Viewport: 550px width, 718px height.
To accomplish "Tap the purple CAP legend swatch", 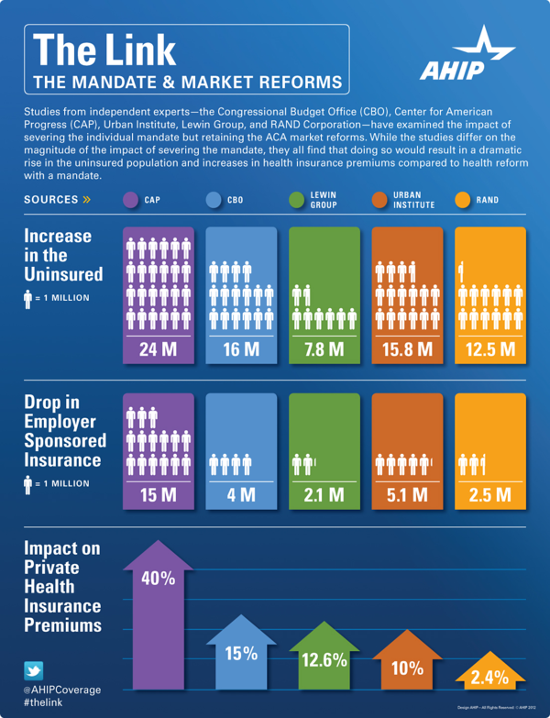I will [129, 199].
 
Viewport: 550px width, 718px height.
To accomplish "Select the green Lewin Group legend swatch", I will [296, 199].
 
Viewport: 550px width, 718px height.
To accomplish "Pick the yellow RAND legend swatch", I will [462, 199].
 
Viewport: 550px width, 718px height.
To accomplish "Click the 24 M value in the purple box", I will [158, 349].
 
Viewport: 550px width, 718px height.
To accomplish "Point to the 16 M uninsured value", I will [241, 349].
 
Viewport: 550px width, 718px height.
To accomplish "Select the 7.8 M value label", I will [324, 349].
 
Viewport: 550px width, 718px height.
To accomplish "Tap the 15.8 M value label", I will [407, 349].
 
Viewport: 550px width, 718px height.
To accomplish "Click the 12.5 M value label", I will [489, 349].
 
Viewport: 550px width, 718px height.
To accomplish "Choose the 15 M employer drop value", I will [158, 496].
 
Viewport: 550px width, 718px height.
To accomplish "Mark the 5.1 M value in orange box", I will [407, 496].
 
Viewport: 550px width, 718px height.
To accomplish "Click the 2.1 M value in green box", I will [324, 496].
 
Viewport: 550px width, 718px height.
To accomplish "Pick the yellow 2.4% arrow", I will [489, 676].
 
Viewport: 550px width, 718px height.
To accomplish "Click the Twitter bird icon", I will [33, 670].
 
